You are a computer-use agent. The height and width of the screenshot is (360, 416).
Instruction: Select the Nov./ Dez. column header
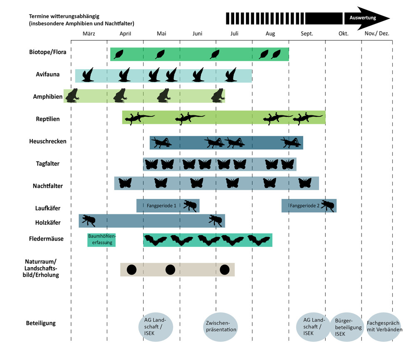coord(377,34)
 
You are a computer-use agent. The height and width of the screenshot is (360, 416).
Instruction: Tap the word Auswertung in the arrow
coord(363,18)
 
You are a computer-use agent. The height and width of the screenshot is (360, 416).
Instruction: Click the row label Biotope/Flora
coord(47,52)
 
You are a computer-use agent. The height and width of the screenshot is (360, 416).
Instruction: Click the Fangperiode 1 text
coord(161,206)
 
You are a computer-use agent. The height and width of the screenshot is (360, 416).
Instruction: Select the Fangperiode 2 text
coord(305,206)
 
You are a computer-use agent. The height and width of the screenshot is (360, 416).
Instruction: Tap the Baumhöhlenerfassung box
coord(102,240)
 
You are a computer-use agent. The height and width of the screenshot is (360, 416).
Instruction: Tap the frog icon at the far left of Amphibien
coord(71,96)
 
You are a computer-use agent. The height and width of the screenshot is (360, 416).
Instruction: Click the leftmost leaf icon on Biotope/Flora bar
coord(119,54)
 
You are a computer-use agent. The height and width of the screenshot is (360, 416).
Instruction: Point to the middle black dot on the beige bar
coord(170,270)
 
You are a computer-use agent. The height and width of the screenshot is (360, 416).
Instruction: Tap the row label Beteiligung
coord(41,323)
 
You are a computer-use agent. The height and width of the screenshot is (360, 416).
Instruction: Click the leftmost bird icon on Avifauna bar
coord(88,75)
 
